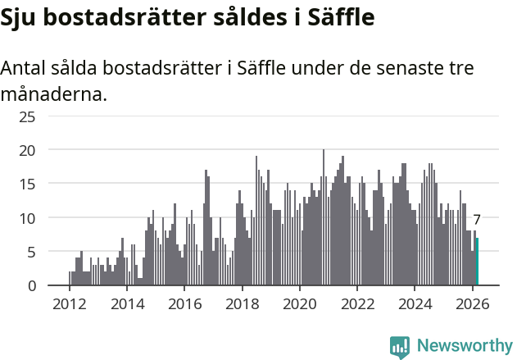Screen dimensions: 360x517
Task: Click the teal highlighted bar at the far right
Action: (477, 262)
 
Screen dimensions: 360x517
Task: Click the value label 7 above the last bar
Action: (477, 220)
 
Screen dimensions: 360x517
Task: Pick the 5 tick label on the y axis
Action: (31, 252)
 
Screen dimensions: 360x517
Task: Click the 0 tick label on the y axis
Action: (31, 286)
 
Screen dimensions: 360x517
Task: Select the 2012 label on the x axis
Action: (69, 303)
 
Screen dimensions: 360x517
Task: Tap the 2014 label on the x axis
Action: (127, 303)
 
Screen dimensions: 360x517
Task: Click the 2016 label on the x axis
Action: (184, 303)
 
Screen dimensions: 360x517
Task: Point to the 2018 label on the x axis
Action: (242, 303)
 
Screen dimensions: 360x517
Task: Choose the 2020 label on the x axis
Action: (300, 303)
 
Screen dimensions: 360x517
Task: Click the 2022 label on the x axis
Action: (357, 303)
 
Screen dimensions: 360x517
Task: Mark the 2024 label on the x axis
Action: (415, 303)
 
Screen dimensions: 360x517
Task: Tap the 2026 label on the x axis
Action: (473, 303)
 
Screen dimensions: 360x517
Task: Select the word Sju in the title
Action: (18, 17)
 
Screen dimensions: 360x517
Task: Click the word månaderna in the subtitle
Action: (54, 94)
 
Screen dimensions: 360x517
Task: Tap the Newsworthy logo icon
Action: (400, 347)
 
